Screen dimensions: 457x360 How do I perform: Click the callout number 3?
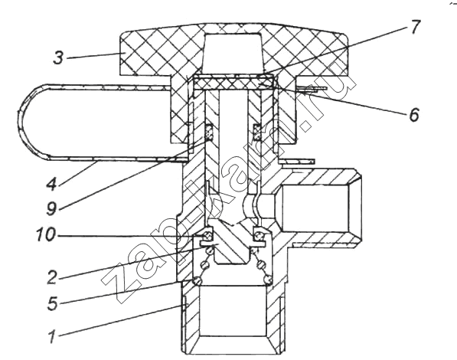58,57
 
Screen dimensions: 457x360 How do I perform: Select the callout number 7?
414,27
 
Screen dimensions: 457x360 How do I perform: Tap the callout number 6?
414,114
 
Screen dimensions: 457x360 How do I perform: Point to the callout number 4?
51,184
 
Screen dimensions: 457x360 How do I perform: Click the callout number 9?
51,208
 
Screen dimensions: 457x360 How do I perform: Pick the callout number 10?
45,234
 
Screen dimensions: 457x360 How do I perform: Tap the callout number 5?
52,303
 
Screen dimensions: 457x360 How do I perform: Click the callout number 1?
52,336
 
